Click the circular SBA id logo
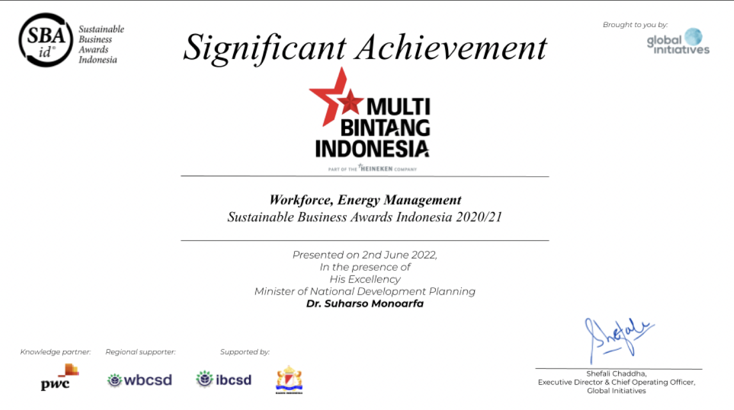[x=46, y=40]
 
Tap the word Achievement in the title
[x=451, y=47]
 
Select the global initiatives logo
[x=678, y=41]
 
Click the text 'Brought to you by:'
[x=635, y=24]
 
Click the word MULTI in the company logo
[x=398, y=106]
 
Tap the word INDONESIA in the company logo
[x=372, y=149]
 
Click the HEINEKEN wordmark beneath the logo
[x=376, y=169]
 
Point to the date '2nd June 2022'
[x=399, y=254]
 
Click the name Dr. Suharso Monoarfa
[x=364, y=303]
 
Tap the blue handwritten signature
[x=616, y=339]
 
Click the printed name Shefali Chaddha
[x=616, y=373]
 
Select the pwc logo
[x=59, y=377]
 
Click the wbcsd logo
[x=139, y=380]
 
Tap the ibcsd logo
[x=224, y=379]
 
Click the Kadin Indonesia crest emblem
[x=289, y=379]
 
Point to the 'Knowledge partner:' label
[x=55, y=352]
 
